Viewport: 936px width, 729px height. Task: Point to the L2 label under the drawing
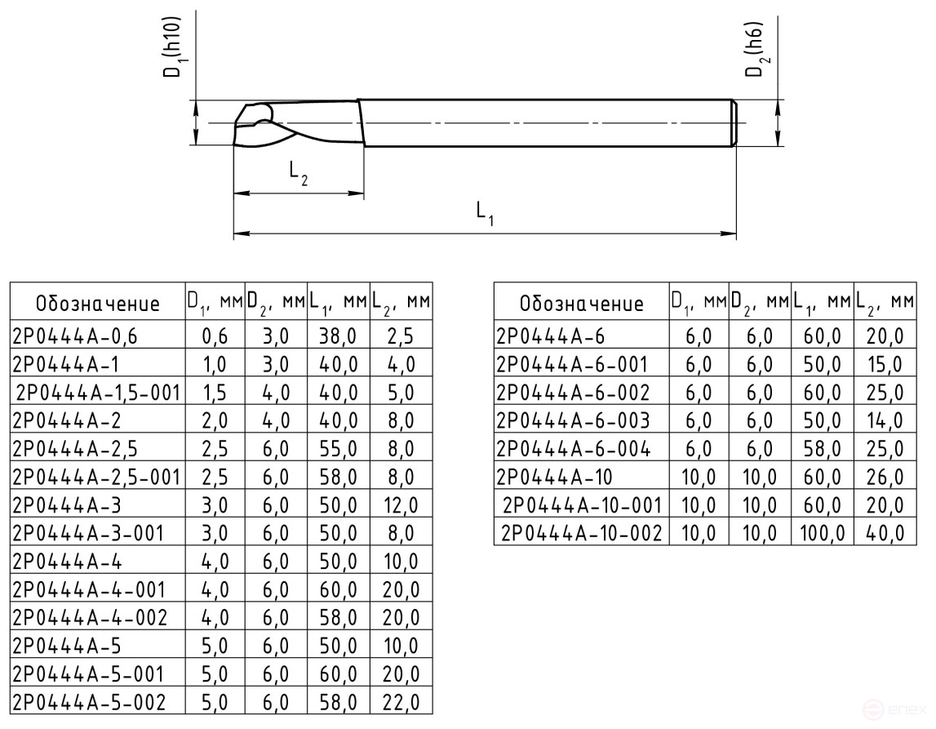coord(299,172)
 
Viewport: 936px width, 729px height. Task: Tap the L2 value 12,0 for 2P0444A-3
coord(400,505)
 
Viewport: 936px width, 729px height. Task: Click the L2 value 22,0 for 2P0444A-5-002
coord(400,701)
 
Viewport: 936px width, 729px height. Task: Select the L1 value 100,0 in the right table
coord(822,532)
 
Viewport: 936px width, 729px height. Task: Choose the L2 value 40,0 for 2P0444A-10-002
coord(885,532)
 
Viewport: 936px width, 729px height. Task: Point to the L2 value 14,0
coord(885,420)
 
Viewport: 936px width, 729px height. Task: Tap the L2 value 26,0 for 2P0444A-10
coord(885,476)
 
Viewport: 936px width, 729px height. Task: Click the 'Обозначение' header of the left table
coord(97,304)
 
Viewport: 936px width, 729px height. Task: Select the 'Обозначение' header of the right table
coord(581,304)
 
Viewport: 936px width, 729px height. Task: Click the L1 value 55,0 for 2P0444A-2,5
coord(339,448)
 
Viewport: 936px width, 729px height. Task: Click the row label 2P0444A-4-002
coord(91,617)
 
